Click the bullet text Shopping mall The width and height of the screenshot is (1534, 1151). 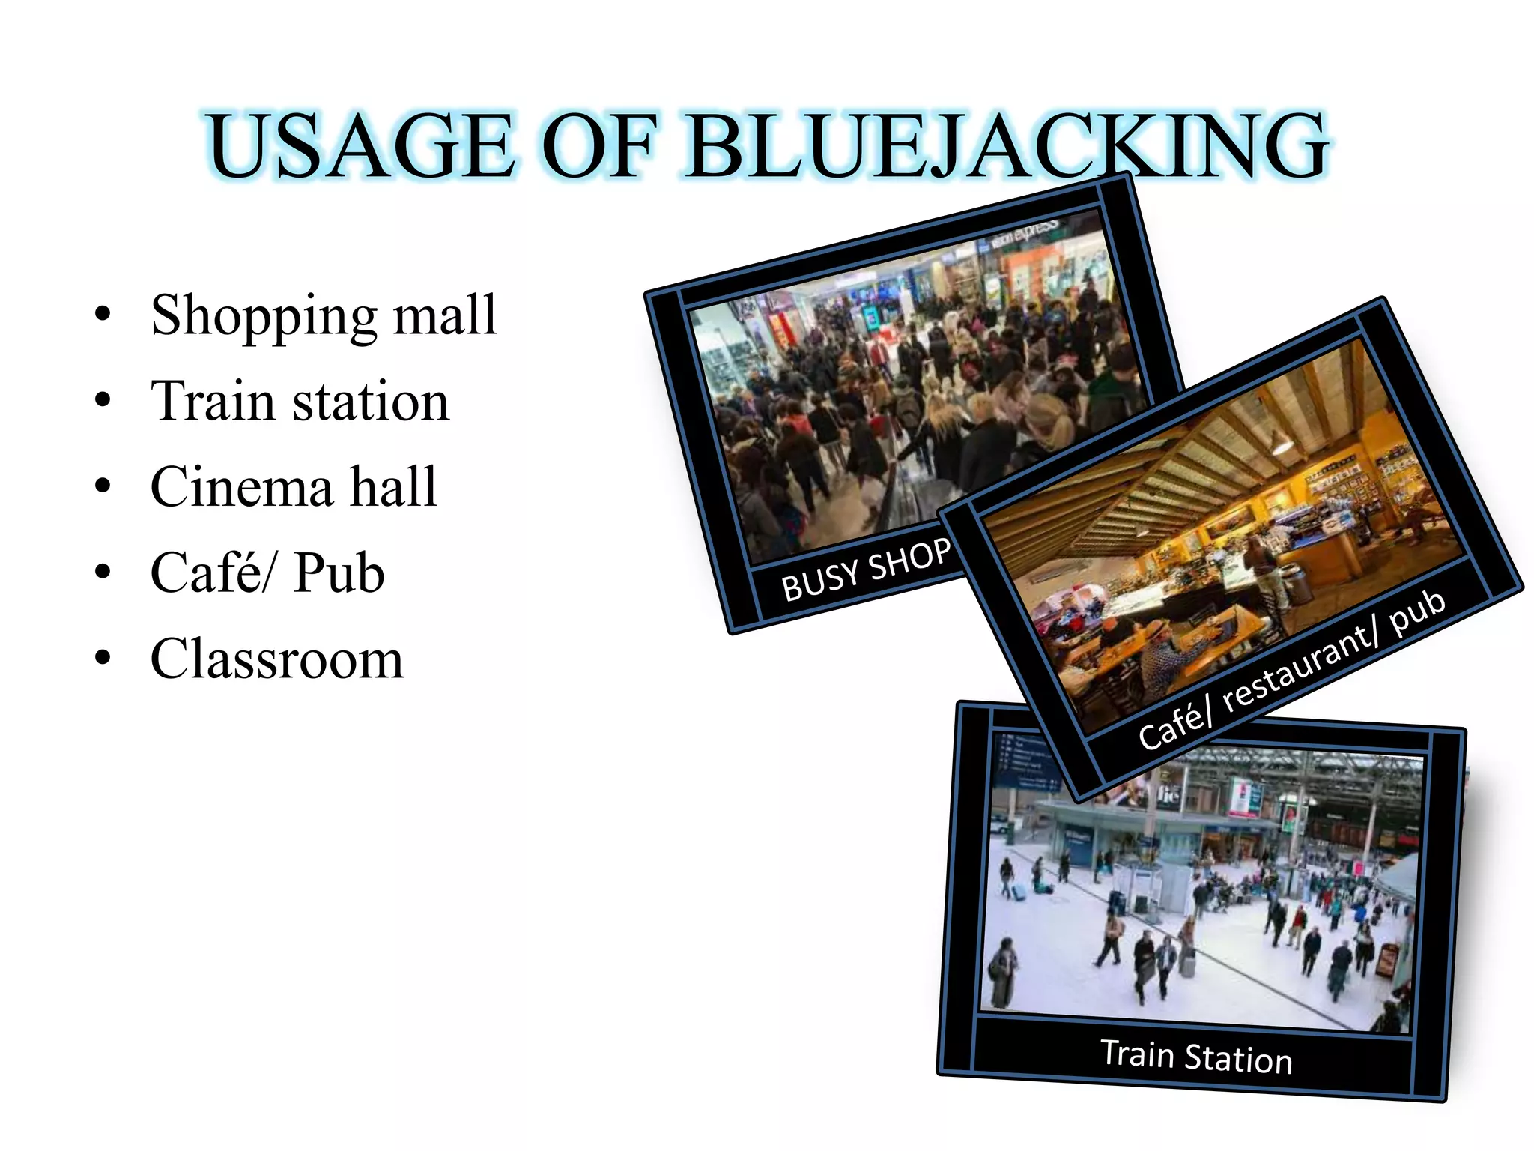click(324, 316)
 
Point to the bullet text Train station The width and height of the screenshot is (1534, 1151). click(300, 402)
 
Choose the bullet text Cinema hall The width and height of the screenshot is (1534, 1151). click(294, 487)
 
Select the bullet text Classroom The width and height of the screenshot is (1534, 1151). click(276, 659)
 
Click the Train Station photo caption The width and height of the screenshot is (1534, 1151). click(1196, 1057)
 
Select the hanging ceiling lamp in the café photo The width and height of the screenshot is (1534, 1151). click(1282, 445)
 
